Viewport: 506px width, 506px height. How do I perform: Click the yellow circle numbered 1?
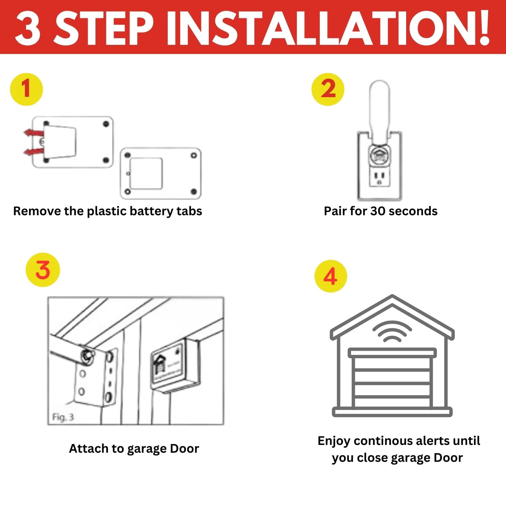point(27,89)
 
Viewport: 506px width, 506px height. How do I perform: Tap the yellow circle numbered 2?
point(328,89)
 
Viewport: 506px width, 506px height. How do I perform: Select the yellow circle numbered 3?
point(43,270)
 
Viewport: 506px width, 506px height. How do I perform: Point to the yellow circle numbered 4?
point(331,276)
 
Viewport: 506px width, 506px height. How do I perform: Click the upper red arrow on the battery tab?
point(34,133)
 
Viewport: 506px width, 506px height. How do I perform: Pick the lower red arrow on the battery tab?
point(34,152)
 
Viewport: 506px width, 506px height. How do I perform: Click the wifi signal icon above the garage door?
point(392,332)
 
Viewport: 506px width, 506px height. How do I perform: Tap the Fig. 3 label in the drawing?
point(63,418)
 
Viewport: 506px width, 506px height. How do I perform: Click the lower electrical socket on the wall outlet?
point(380,178)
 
